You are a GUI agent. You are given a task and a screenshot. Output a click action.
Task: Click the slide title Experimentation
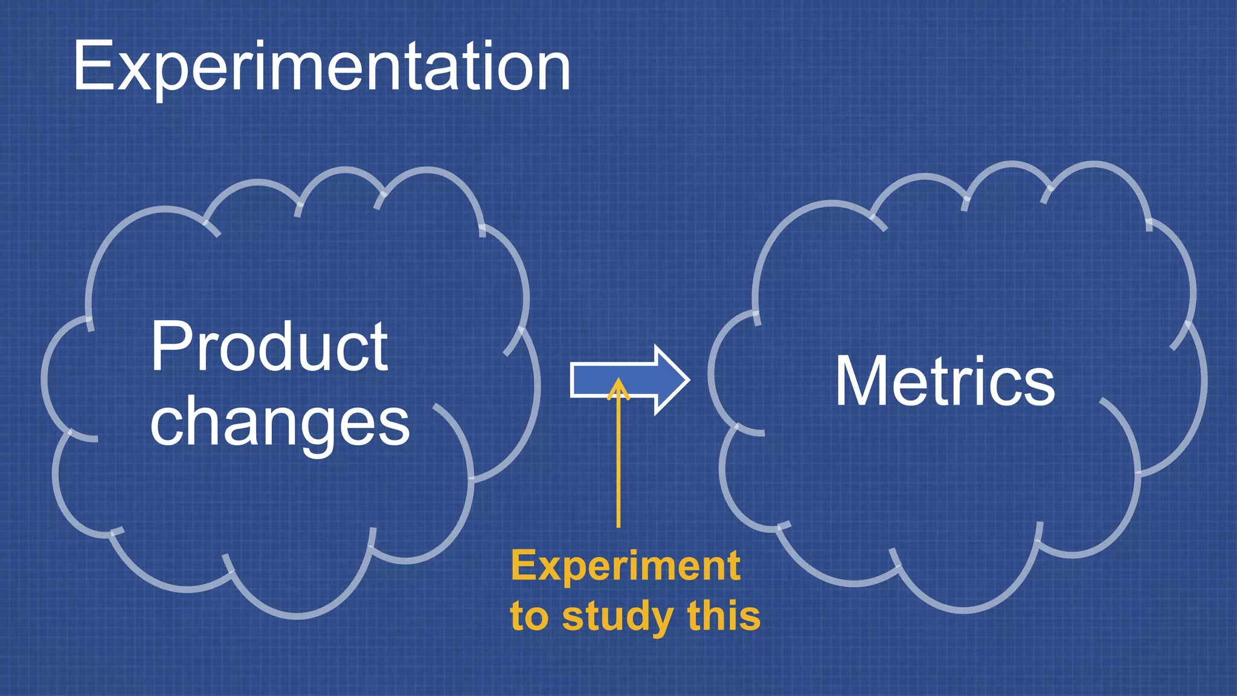point(321,66)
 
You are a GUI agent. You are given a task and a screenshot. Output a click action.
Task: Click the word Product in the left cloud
point(269,347)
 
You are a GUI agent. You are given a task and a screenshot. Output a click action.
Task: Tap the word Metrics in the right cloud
point(945,382)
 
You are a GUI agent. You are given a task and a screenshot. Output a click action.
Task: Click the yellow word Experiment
point(626,567)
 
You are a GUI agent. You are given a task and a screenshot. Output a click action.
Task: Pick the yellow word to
point(529,616)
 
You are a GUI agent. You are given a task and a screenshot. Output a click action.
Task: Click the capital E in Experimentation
point(93,66)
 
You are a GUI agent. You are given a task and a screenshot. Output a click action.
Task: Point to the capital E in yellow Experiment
point(523,565)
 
